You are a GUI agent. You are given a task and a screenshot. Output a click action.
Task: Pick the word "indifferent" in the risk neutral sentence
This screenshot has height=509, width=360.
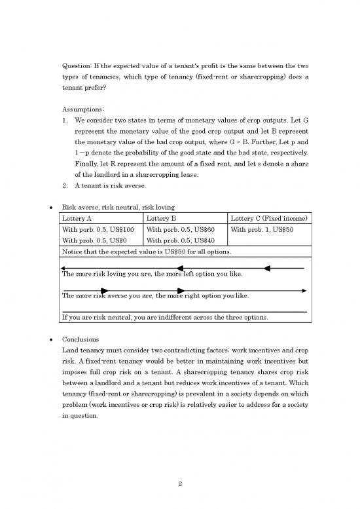point(185,318)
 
